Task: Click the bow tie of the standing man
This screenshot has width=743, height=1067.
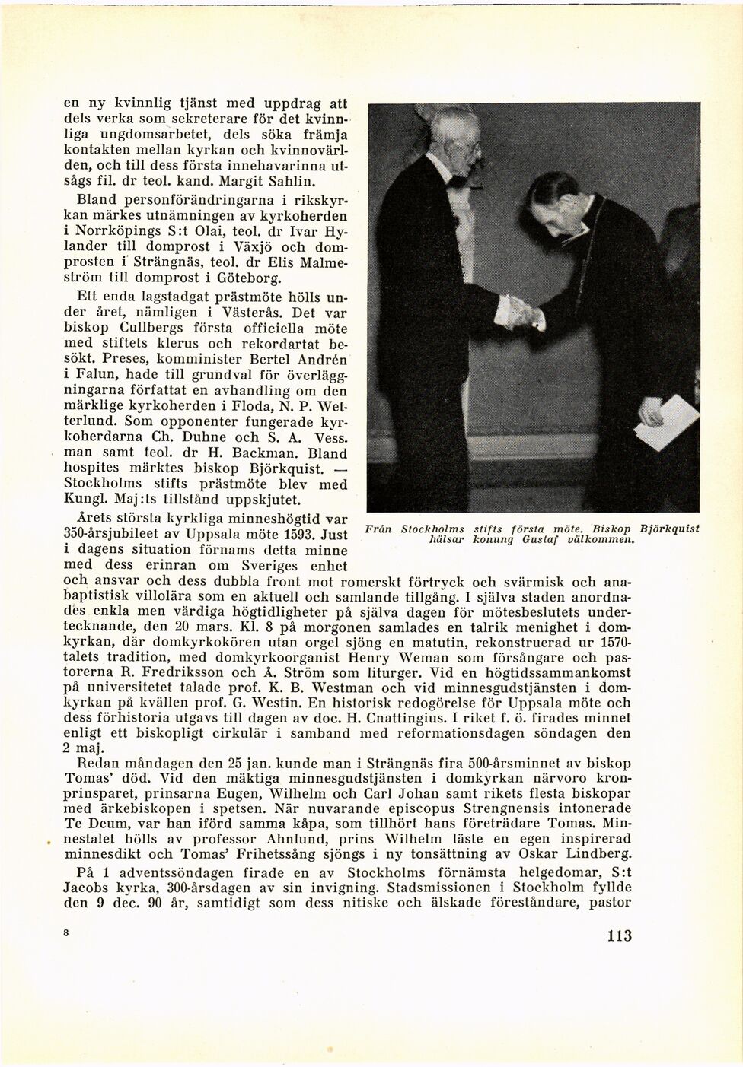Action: pos(457,181)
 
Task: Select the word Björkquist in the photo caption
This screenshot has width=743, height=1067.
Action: pos(669,528)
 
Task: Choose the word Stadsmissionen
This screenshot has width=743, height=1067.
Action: pos(453,888)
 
